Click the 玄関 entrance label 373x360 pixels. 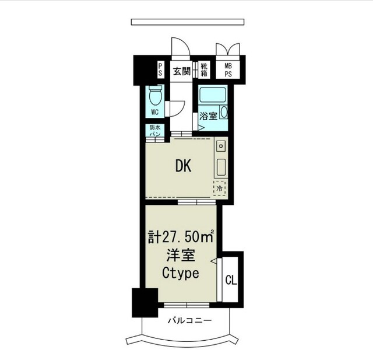(182, 71)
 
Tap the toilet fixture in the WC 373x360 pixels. (156, 95)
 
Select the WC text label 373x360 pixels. (155, 112)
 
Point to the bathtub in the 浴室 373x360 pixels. (212, 95)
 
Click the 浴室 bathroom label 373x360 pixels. (209, 116)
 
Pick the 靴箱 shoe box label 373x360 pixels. (204, 69)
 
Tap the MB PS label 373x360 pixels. (228, 70)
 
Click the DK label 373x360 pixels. (183, 166)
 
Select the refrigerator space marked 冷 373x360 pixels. (220, 188)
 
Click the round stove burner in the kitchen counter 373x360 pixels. (221, 146)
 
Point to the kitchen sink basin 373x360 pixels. (221, 167)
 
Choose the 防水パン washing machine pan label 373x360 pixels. (155, 131)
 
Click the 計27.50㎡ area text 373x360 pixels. (181, 236)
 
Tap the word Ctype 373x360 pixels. (181, 273)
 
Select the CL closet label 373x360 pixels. (231, 280)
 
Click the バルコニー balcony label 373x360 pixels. (190, 320)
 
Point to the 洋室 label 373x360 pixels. (181, 255)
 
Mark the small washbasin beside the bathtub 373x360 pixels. (224, 112)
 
